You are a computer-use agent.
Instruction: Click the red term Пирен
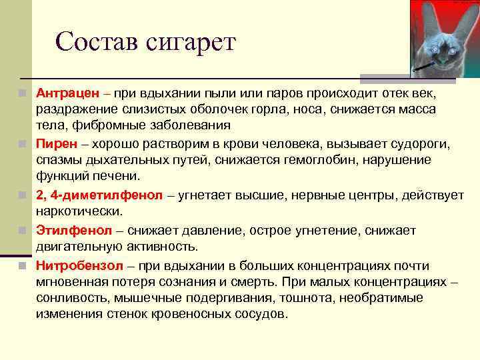click(53, 143)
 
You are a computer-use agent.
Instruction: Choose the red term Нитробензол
click(74, 265)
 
